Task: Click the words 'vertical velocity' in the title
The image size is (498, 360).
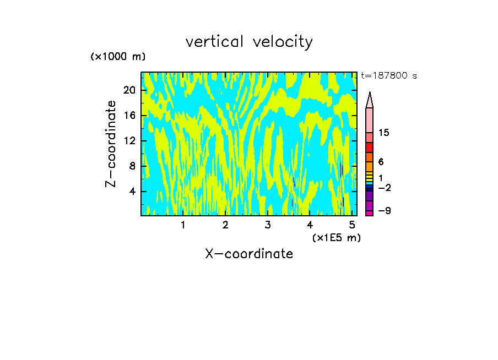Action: click(x=249, y=42)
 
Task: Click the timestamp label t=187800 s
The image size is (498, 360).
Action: click(x=388, y=76)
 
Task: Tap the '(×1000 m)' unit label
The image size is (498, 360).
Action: click(x=118, y=57)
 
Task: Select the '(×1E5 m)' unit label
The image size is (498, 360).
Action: click(x=336, y=237)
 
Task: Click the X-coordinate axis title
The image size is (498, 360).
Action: click(x=249, y=254)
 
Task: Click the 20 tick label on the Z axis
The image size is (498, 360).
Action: click(x=129, y=90)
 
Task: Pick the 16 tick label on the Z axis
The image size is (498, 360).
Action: click(x=129, y=116)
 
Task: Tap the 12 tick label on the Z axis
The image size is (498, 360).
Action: click(x=129, y=141)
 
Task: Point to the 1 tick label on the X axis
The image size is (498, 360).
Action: click(x=183, y=225)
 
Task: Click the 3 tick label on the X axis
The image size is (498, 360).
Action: click(x=268, y=225)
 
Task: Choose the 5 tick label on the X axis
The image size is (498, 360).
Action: click(x=352, y=225)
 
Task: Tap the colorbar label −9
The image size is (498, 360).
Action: click(x=384, y=211)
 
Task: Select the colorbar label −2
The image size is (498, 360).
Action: click(x=384, y=188)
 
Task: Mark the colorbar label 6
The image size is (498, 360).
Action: click(x=381, y=162)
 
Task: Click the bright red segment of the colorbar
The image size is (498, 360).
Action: click(x=370, y=148)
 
